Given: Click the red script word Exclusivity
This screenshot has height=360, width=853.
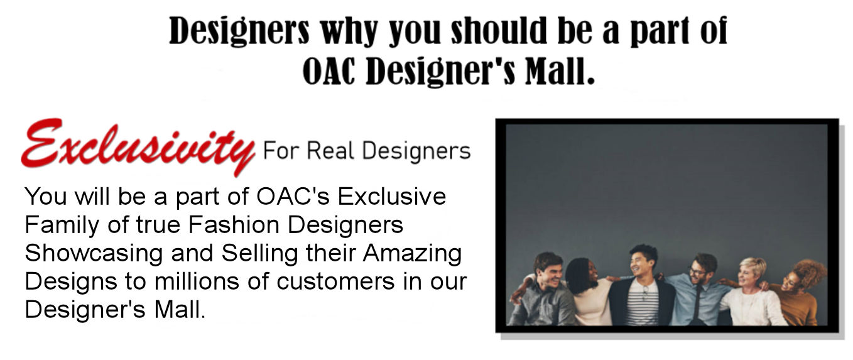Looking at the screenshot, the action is (x=138, y=147).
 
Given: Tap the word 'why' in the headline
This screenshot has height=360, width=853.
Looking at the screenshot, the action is (x=349, y=31).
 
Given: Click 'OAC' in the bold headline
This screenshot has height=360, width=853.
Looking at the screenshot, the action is (x=329, y=71).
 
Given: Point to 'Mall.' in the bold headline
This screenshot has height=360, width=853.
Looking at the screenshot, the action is (x=560, y=71).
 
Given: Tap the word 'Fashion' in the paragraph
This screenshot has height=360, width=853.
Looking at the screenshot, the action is (x=234, y=224).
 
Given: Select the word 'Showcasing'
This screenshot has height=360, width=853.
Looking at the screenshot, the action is (x=94, y=253).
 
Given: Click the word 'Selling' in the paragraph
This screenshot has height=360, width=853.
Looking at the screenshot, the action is (x=259, y=253).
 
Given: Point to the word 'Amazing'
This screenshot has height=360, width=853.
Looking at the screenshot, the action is (x=412, y=253).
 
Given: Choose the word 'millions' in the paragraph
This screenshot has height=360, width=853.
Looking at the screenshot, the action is (x=197, y=281).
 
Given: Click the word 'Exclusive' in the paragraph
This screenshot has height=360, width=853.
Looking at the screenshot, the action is (x=392, y=197).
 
